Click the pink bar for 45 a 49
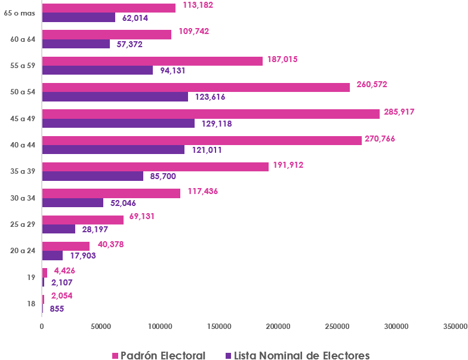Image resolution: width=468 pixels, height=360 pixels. tap(211, 113)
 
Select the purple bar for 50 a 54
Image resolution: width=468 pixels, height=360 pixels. tap(115, 97)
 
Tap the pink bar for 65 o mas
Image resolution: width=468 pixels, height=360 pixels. tap(109, 8)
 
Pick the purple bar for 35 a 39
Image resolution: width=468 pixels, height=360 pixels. tap(93, 176)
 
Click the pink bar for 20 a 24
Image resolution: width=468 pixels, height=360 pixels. tap(66, 246)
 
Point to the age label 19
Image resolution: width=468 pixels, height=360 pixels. tap(31, 277)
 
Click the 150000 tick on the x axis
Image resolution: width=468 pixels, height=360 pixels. tap(218, 327)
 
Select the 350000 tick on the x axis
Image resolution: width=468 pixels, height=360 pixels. tap(454, 327)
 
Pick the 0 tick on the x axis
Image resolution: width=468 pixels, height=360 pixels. tap(42, 327)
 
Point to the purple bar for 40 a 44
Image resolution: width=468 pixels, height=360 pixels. tap(113, 149)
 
